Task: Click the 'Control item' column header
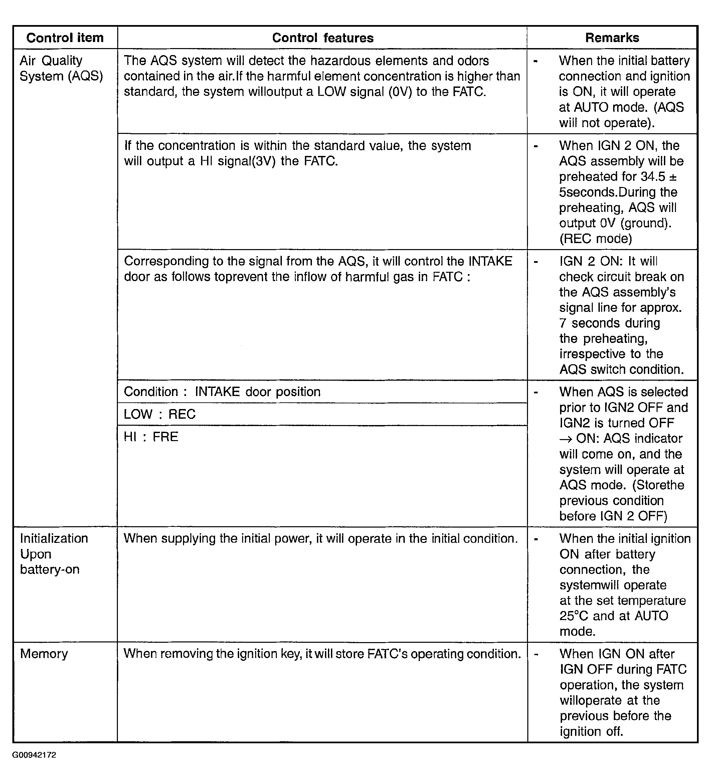[x=65, y=38]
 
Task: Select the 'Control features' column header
[x=323, y=38]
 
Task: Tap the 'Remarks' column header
[x=612, y=38]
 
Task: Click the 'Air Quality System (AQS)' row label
[x=61, y=68]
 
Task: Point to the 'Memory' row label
[x=44, y=654]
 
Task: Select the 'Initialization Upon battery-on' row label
[x=54, y=554]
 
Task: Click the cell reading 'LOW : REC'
[x=159, y=414]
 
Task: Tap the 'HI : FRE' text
[x=151, y=437]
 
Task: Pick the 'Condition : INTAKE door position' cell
[x=222, y=391]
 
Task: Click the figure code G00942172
[x=34, y=755]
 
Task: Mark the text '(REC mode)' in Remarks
[x=595, y=238]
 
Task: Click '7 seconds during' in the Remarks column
[x=609, y=323]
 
